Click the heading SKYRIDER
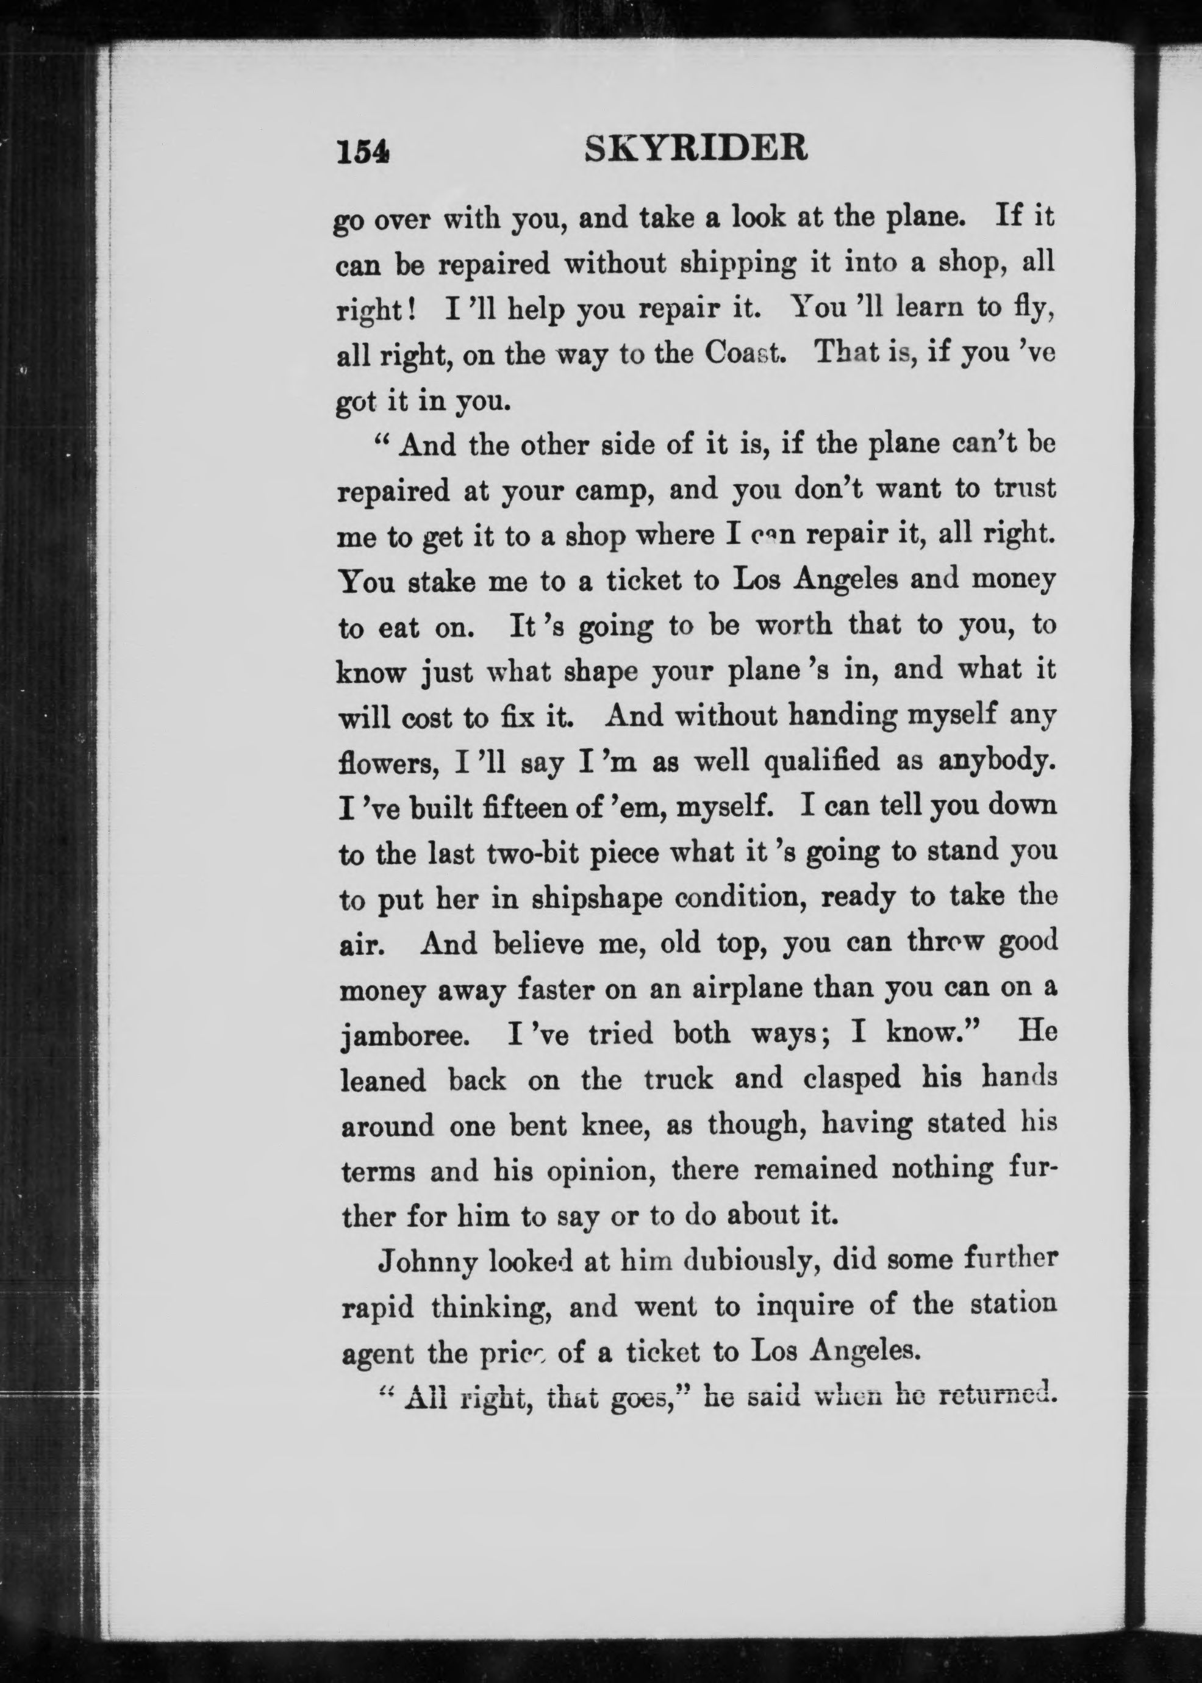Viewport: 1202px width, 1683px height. pos(696,149)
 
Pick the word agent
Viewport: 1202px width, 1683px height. pos(377,1354)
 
